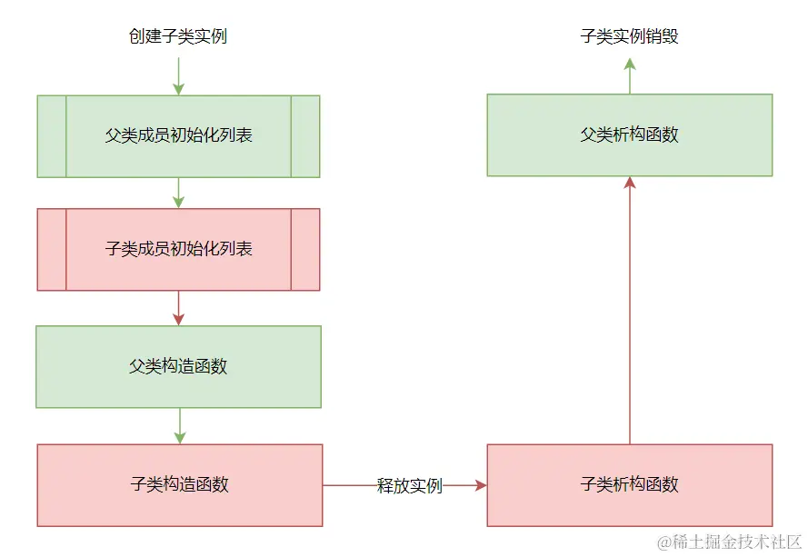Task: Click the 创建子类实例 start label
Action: click(178, 37)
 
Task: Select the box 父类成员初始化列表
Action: click(178, 136)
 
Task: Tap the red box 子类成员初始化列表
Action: click(178, 249)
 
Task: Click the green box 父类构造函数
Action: click(178, 366)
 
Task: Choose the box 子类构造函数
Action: click(179, 484)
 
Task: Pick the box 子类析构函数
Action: click(629, 484)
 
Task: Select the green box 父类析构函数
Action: click(629, 134)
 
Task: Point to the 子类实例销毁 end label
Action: click(629, 37)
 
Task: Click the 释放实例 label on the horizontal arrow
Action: click(410, 485)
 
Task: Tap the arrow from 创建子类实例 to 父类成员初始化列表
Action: click(178, 75)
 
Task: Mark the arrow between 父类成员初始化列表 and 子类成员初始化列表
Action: click(178, 192)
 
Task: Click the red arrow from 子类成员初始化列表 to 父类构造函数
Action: click(178, 307)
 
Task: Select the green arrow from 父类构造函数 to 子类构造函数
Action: click(179, 425)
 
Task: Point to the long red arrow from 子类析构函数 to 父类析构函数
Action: click(629, 309)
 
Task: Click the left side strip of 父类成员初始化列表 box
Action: click(52, 136)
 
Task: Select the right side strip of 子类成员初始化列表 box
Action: click(305, 249)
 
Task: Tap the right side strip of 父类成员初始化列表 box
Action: click(305, 136)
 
